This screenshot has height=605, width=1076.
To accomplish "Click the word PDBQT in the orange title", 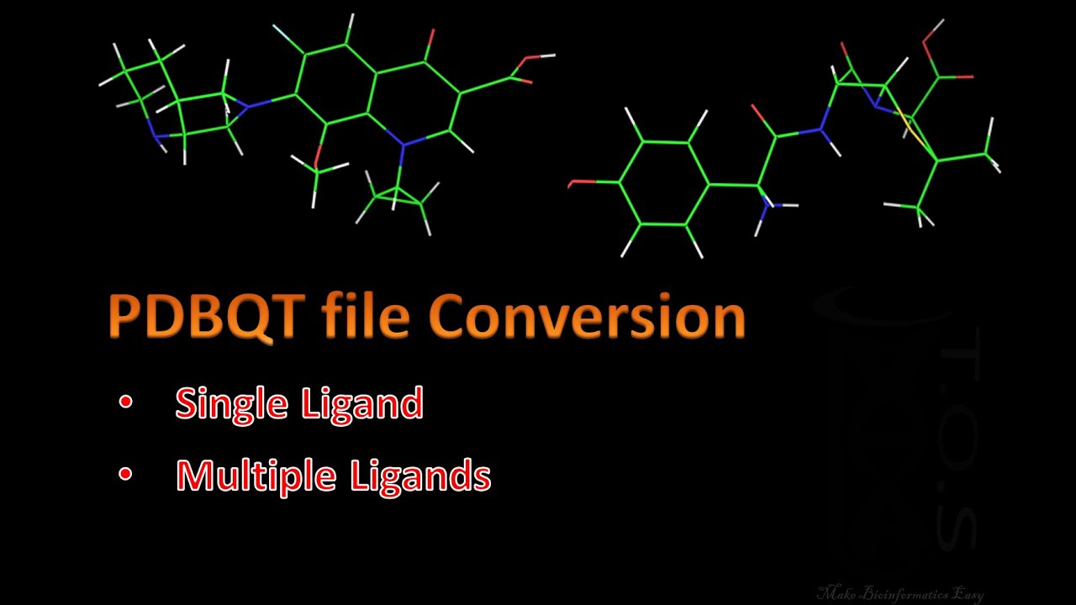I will coord(205,317).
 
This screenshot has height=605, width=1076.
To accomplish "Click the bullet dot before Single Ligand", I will coord(125,403).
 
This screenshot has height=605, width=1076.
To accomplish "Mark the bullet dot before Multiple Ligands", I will coord(125,475).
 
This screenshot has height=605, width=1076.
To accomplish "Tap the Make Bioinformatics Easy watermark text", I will coord(899,593).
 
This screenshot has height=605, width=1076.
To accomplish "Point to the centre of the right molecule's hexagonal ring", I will coord(664,183).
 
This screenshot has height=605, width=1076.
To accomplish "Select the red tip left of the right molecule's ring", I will coord(572,183).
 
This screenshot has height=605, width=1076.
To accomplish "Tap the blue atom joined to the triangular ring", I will coord(403,146).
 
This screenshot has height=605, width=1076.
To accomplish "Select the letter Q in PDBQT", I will coord(250,317).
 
